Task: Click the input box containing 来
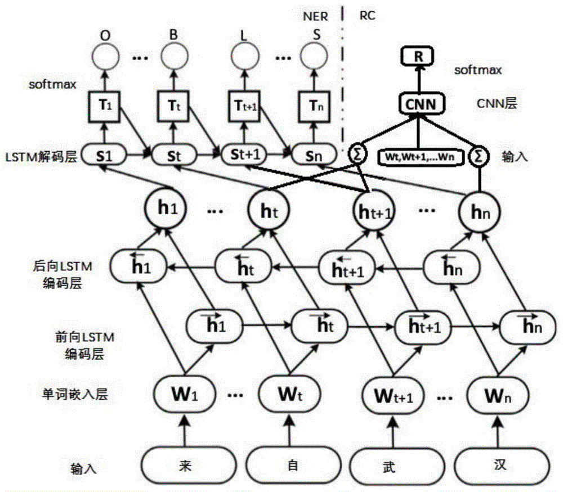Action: point(182,466)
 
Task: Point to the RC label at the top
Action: point(367,16)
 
